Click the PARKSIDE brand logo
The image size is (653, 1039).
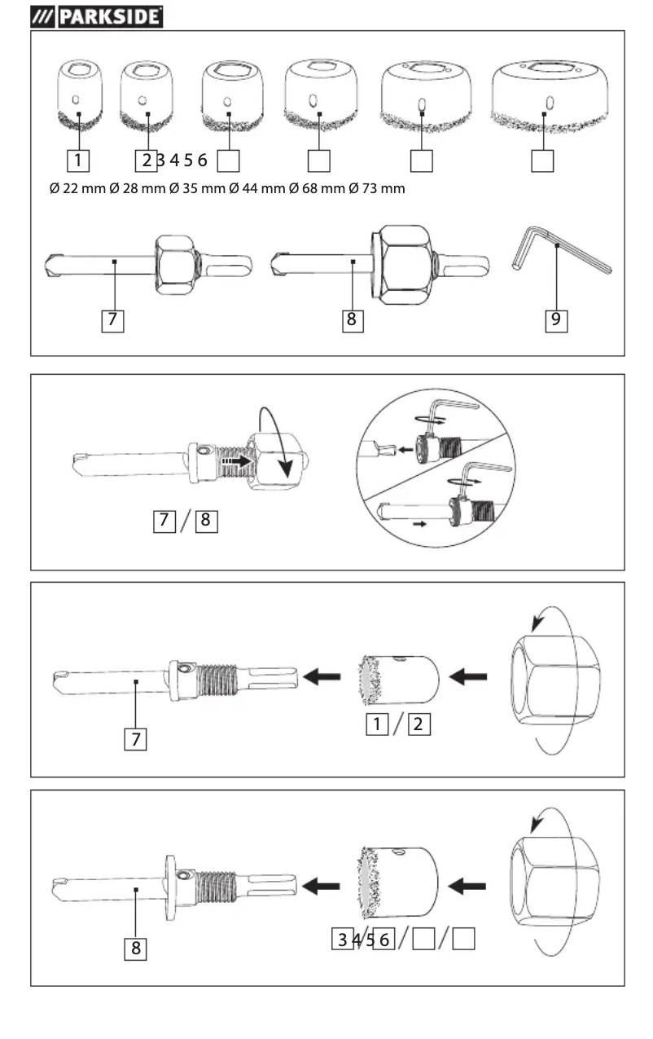[96, 15]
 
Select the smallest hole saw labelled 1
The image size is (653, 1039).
[78, 97]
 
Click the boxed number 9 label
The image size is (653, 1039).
[555, 319]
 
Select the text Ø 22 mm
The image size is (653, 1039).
[77, 189]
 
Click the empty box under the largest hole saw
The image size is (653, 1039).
[542, 160]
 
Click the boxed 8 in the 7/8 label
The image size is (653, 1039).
[207, 519]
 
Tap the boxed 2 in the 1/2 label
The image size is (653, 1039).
[419, 723]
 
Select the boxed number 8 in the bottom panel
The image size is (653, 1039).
[135, 949]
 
